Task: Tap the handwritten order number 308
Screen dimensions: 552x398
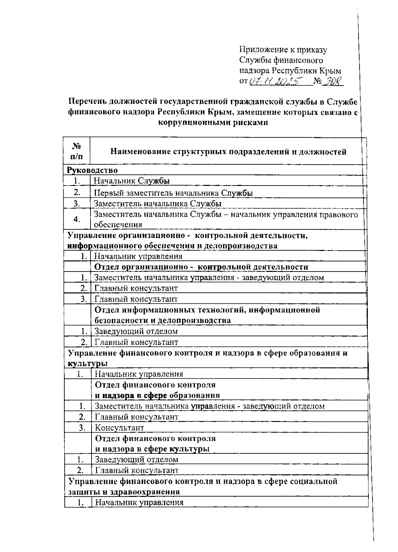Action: tap(332, 81)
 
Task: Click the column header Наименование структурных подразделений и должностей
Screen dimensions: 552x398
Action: tap(228, 152)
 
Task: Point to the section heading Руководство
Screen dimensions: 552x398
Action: tap(93, 170)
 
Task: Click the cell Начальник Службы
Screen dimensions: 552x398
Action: tap(132, 181)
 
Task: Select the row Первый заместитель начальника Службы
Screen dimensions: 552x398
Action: tap(173, 193)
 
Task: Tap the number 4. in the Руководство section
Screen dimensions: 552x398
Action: tap(77, 219)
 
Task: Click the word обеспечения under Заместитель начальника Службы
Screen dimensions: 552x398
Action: tap(118, 225)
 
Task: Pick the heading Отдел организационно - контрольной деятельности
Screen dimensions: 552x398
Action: tap(201, 267)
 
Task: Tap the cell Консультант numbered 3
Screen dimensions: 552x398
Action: tap(120, 428)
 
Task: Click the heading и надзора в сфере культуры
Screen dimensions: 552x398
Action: tap(152, 449)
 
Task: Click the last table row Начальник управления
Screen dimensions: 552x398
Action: tap(139, 502)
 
